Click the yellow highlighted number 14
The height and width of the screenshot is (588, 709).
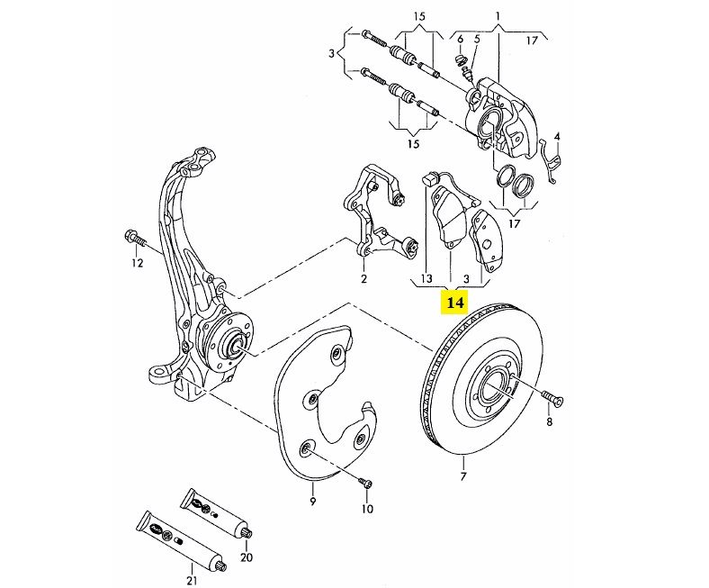(x=453, y=303)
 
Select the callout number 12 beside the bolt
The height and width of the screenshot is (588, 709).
(x=137, y=263)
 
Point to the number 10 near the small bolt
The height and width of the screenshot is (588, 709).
(x=367, y=510)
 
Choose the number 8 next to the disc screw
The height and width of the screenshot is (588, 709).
(x=550, y=421)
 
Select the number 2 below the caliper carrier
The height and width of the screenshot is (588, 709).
(x=363, y=279)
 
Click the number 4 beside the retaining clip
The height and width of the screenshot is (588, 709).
(x=558, y=137)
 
